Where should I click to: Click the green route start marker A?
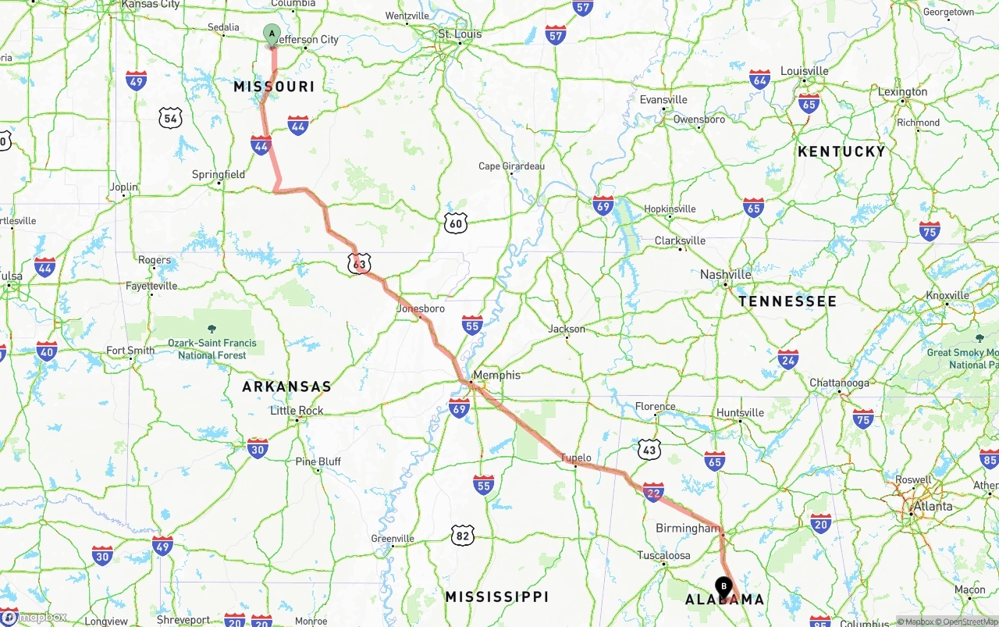pyautogui.click(x=272, y=34)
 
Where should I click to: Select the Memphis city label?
pyautogui.click(x=496, y=375)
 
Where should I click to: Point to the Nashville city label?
pyautogui.click(x=725, y=274)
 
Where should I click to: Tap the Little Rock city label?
pyautogui.click(x=297, y=411)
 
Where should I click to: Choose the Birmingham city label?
pyautogui.click(x=688, y=529)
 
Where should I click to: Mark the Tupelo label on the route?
pyautogui.click(x=576, y=458)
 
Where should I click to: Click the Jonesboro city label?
pyautogui.click(x=421, y=308)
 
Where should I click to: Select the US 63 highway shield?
pyautogui.click(x=359, y=264)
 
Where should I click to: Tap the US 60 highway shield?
pyautogui.click(x=457, y=223)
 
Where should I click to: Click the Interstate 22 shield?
pyautogui.click(x=653, y=492)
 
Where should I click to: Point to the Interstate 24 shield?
pyautogui.click(x=788, y=359)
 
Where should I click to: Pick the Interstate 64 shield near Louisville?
pyautogui.click(x=760, y=79)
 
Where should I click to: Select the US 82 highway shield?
pyautogui.click(x=462, y=535)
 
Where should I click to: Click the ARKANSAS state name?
pyautogui.click(x=286, y=387)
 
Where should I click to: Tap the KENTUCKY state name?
pyautogui.click(x=841, y=151)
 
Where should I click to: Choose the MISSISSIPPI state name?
pyautogui.click(x=497, y=597)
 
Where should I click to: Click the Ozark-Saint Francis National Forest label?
pyautogui.click(x=212, y=349)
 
